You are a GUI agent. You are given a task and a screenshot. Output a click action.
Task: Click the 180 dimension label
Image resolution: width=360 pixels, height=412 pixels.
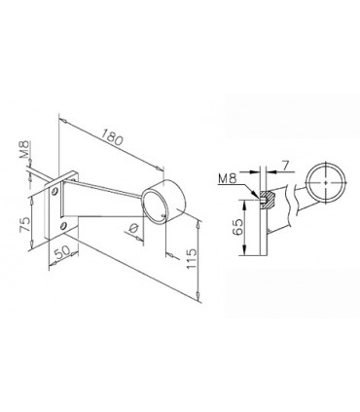point(112,137)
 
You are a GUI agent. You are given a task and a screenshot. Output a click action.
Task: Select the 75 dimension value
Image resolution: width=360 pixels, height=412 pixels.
point(25,224)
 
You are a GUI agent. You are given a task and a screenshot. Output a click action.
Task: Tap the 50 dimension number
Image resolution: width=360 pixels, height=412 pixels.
point(62,252)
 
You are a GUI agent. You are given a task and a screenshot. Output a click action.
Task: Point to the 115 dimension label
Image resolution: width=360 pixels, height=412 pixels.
point(192,258)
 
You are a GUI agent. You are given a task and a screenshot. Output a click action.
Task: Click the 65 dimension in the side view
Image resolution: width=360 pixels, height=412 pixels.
point(237,227)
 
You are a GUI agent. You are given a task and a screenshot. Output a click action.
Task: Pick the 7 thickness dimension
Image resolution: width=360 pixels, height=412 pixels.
point(285,167)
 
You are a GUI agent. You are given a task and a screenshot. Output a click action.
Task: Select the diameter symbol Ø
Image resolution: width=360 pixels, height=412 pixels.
point(132,229)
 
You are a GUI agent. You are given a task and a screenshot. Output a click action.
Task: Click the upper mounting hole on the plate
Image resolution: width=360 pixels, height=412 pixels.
point(54,191)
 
